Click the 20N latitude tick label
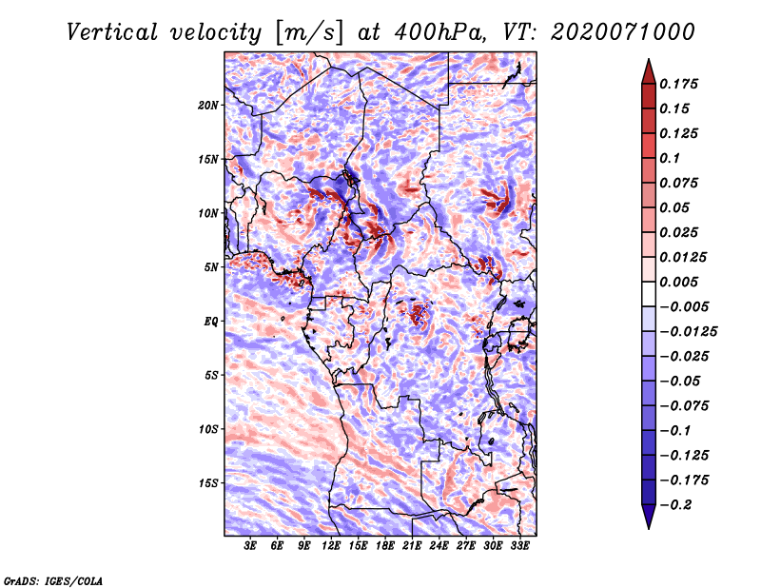tap(208, 105)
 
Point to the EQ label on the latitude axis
tap(211, 322)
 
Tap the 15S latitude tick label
tap(208, 483)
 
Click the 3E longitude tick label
tap(251, 547)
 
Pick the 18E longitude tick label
tap(385, 547)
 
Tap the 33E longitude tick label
tap(519, 547)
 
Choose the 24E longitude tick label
tap(439, 547)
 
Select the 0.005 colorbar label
tap(682, 283)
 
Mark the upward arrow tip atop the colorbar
tap(647, 63)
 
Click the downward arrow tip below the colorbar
tap(647, 524)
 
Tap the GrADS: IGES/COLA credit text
tap(53, 579)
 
